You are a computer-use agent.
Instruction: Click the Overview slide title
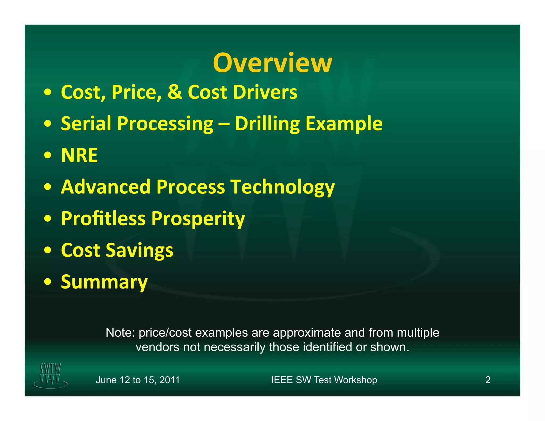pyautogui.click(x=272, y=63)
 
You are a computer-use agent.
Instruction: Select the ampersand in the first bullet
pyautogui.click(x=175, y=92)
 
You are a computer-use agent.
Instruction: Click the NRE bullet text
pyautogui.click(x=79, y=155)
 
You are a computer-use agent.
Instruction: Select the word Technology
pyautogui.click(x=283, y=187)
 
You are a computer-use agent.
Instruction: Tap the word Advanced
pyautogui.click(x=106, y=187)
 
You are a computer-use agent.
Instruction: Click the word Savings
pyautogui.click(x=139, y=250)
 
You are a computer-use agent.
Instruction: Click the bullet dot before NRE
pyautogui.click(x=48, y=155)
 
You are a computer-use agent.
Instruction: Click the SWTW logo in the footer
pyautogui.click(x=50, y=375)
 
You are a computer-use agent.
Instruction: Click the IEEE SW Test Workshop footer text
pyautogui.click(x=324, y=380)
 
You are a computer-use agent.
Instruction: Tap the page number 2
pyautogui.click(x=488, y=380)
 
